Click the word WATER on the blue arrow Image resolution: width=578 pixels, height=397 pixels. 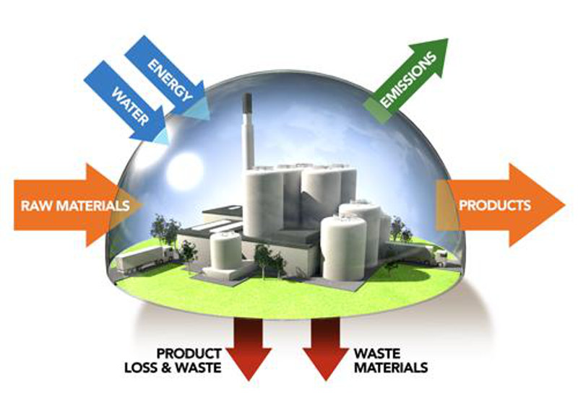pyautogui.click(x=129, y=108)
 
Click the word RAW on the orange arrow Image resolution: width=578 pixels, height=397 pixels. pyautogui.click(x=34, y=205)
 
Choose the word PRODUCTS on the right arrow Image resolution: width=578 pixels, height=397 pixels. pyautogui.click(x=495, y=205)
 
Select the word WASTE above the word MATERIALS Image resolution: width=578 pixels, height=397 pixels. pyautogui.click(x=376, y=354)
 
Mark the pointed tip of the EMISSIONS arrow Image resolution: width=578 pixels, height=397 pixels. pyautogui.click(x=444, y=41)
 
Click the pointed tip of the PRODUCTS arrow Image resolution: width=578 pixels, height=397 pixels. pyautogui.click(x=563, y=205)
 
